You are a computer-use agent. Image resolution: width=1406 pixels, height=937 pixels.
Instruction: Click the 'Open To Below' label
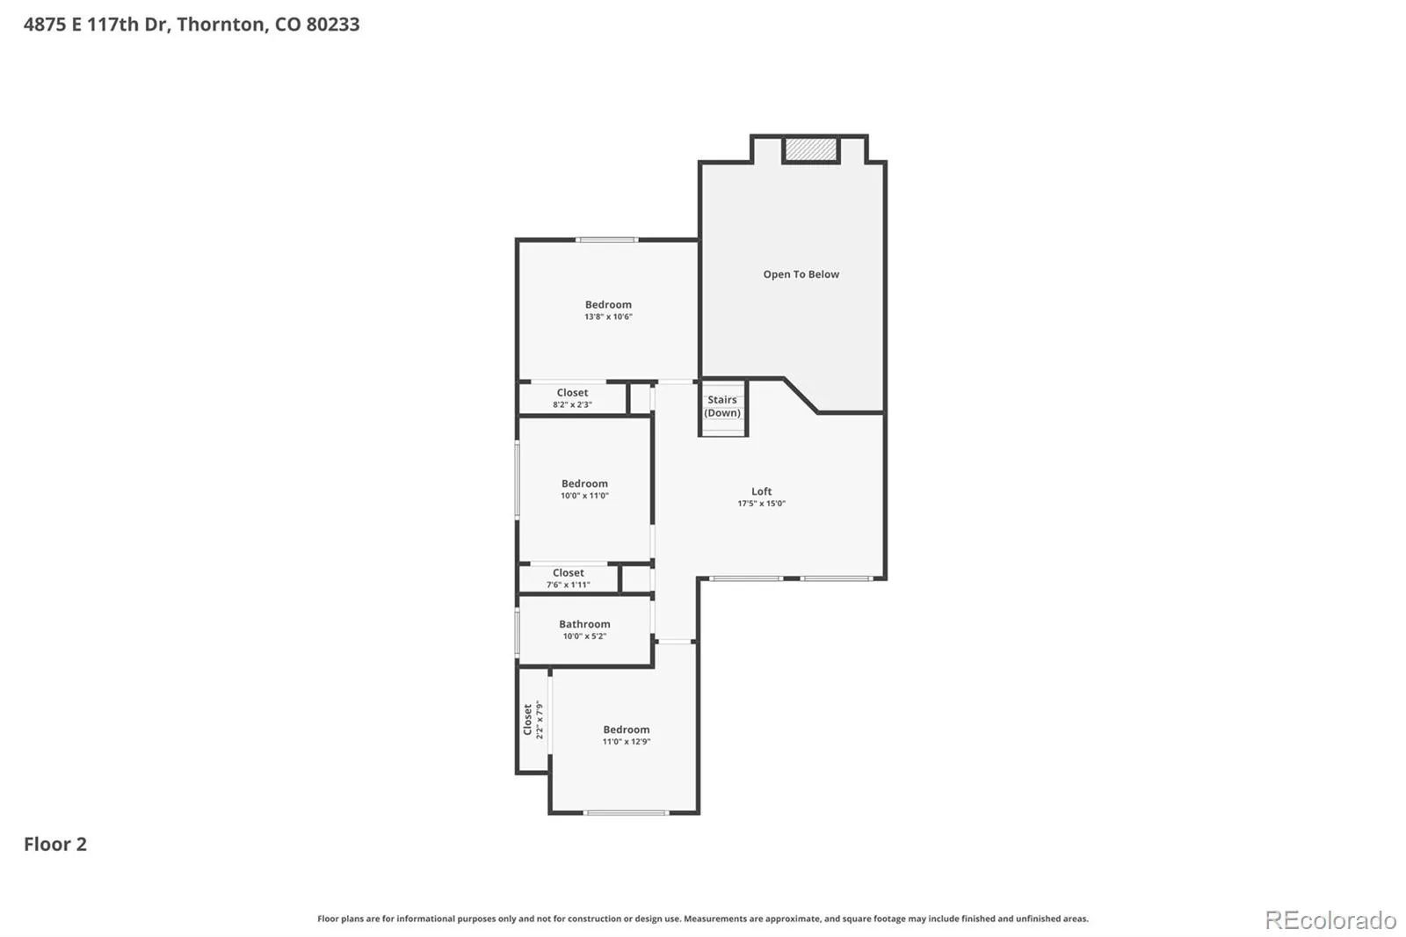(801, 274)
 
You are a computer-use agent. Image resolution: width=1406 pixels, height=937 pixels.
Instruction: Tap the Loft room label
(761, 491)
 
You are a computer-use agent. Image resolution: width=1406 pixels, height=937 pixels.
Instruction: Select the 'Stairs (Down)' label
(721, 406)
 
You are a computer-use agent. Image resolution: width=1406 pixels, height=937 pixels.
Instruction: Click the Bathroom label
(584, 623)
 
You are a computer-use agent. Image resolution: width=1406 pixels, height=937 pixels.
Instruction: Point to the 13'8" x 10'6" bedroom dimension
(608, 316)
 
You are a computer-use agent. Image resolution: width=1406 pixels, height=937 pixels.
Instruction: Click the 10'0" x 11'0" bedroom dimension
(584, 496)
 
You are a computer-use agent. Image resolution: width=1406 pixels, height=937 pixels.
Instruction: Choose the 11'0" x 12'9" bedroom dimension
(627, 741)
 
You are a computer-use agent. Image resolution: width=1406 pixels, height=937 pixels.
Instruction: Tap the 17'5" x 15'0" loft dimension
(761, 503)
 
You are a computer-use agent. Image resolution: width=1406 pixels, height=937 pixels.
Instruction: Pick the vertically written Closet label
(528, 719)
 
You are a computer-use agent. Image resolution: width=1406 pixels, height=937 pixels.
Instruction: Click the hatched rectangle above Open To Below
(811, 149)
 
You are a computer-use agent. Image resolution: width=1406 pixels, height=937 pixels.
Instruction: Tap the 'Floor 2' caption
(55, 844)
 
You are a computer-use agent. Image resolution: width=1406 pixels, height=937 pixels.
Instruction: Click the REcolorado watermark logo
(1330, 920)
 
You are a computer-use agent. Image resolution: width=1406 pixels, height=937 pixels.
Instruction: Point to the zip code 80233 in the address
(333, 24)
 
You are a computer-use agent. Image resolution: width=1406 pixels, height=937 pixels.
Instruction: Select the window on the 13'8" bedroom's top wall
(607, 239)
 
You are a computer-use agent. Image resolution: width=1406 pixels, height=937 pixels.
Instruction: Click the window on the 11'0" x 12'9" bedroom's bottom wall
(626, 813)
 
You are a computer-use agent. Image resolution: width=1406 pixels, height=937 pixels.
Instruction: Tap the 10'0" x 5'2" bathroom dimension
(584, 636)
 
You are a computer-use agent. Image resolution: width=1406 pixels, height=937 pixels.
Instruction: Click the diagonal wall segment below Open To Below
(801, 395)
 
